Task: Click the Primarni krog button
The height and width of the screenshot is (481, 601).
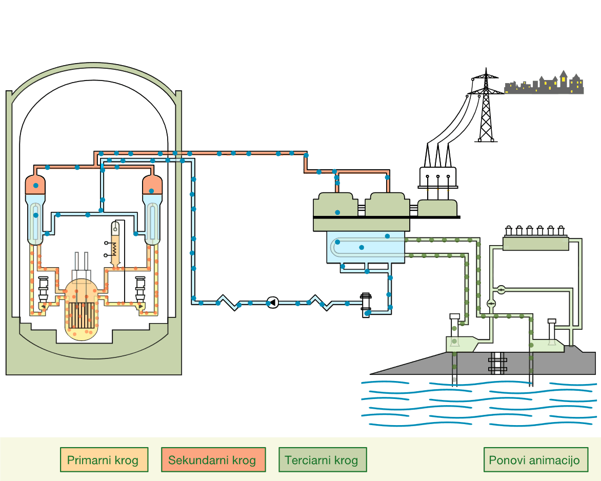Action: point(104,459)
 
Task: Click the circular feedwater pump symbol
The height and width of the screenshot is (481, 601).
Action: point(273,303)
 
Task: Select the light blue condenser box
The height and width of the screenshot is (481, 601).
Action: point(365,247)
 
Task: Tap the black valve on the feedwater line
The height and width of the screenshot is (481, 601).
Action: point(366,304)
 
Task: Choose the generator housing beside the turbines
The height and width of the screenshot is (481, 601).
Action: point(437,208)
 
